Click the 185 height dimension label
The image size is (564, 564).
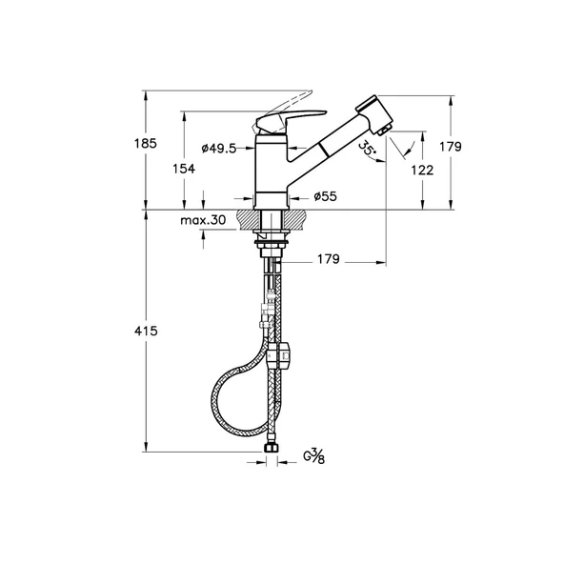click(146, 144)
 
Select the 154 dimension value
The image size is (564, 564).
click(184, 169)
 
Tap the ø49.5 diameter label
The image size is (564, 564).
click(219, 148)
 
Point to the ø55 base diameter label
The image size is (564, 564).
click(325, 196)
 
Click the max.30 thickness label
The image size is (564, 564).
click(203, 220)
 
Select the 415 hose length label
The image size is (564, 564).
click(146, 331)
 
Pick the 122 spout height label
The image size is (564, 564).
click(422, 171)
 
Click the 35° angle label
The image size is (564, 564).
click(367, 149)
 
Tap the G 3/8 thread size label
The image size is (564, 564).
click(313, 456)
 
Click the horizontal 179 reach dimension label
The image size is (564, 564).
click(329, 259)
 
